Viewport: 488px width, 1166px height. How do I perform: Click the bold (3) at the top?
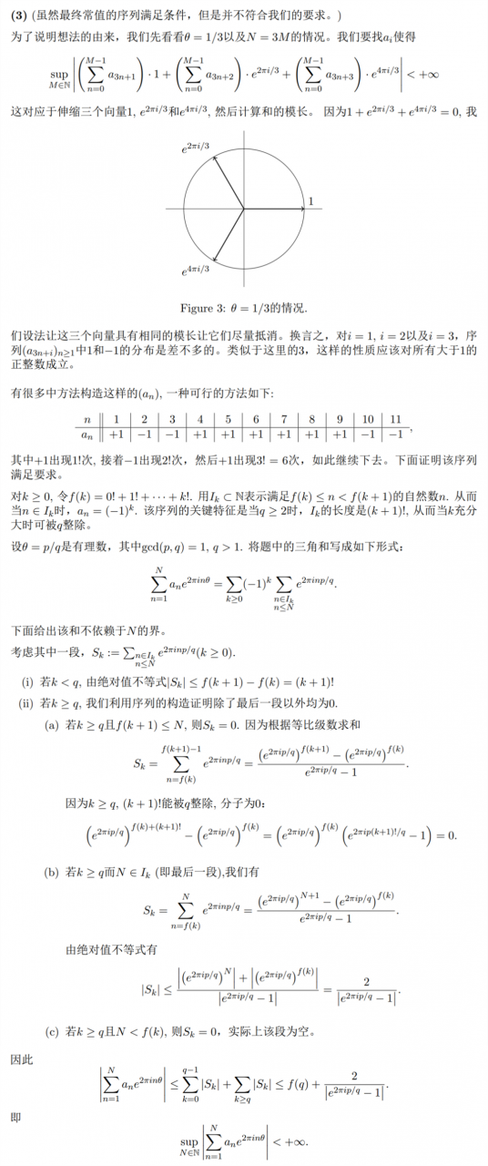click(x=17, y=16)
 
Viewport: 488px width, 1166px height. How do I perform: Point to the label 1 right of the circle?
click(x=310, y=200)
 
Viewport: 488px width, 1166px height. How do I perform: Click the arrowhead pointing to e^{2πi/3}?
click(x=216, y=159)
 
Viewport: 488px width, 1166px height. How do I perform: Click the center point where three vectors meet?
click(x=243, y=209)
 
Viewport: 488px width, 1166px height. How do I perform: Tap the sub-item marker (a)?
click(x=53, y=724)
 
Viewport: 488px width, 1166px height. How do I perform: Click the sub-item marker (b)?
click(x=53, y=873)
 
